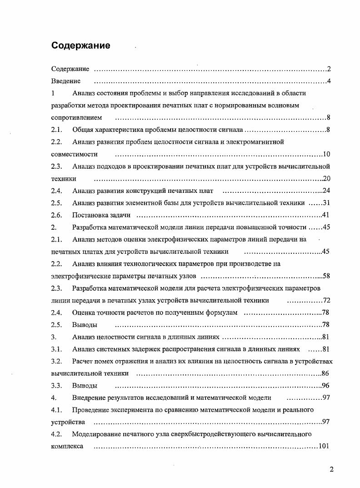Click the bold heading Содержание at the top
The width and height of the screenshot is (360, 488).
80,45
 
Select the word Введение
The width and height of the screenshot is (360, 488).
66,81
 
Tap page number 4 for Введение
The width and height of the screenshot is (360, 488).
328,81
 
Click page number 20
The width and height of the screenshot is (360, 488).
326,179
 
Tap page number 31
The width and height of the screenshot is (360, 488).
326,203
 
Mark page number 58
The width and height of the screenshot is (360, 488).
326,276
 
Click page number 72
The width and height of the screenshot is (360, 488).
326,301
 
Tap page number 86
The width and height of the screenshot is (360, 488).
326,374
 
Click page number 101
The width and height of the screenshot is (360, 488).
324,447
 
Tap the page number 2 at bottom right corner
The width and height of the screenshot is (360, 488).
331,470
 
